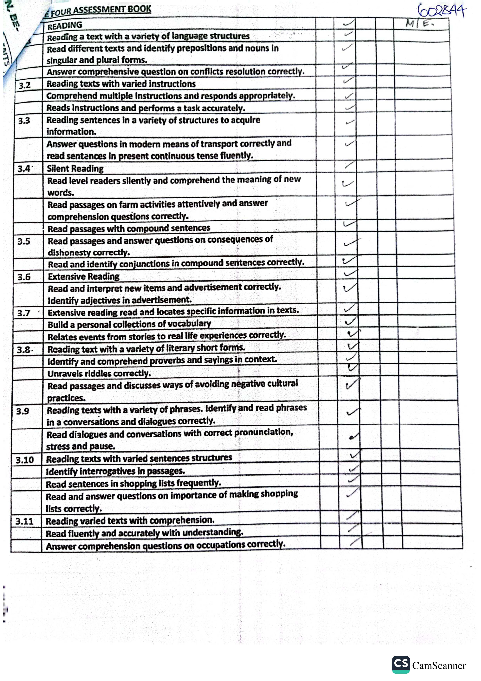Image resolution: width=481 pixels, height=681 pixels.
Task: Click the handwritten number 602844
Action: click(x=442, y=12)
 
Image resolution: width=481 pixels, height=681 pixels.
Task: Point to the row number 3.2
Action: click(x=25, y=85)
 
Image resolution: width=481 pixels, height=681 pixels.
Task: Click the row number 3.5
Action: click(x=24, y=241)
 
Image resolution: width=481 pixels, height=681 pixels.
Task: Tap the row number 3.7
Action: click(x=24, y=313)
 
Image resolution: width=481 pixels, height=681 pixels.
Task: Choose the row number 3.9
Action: click(x=23, y=411)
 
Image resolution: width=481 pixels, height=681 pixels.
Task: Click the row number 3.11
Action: click(x=24, y=521)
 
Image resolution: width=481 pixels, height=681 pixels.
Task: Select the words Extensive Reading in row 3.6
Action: click(x=84, y=276)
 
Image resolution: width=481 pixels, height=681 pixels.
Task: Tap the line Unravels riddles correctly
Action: click(x=99, y=374)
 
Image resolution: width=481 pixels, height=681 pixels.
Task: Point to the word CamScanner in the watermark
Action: click(x=439, y=666)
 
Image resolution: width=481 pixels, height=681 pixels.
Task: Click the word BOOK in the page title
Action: click(x=139, y=9)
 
